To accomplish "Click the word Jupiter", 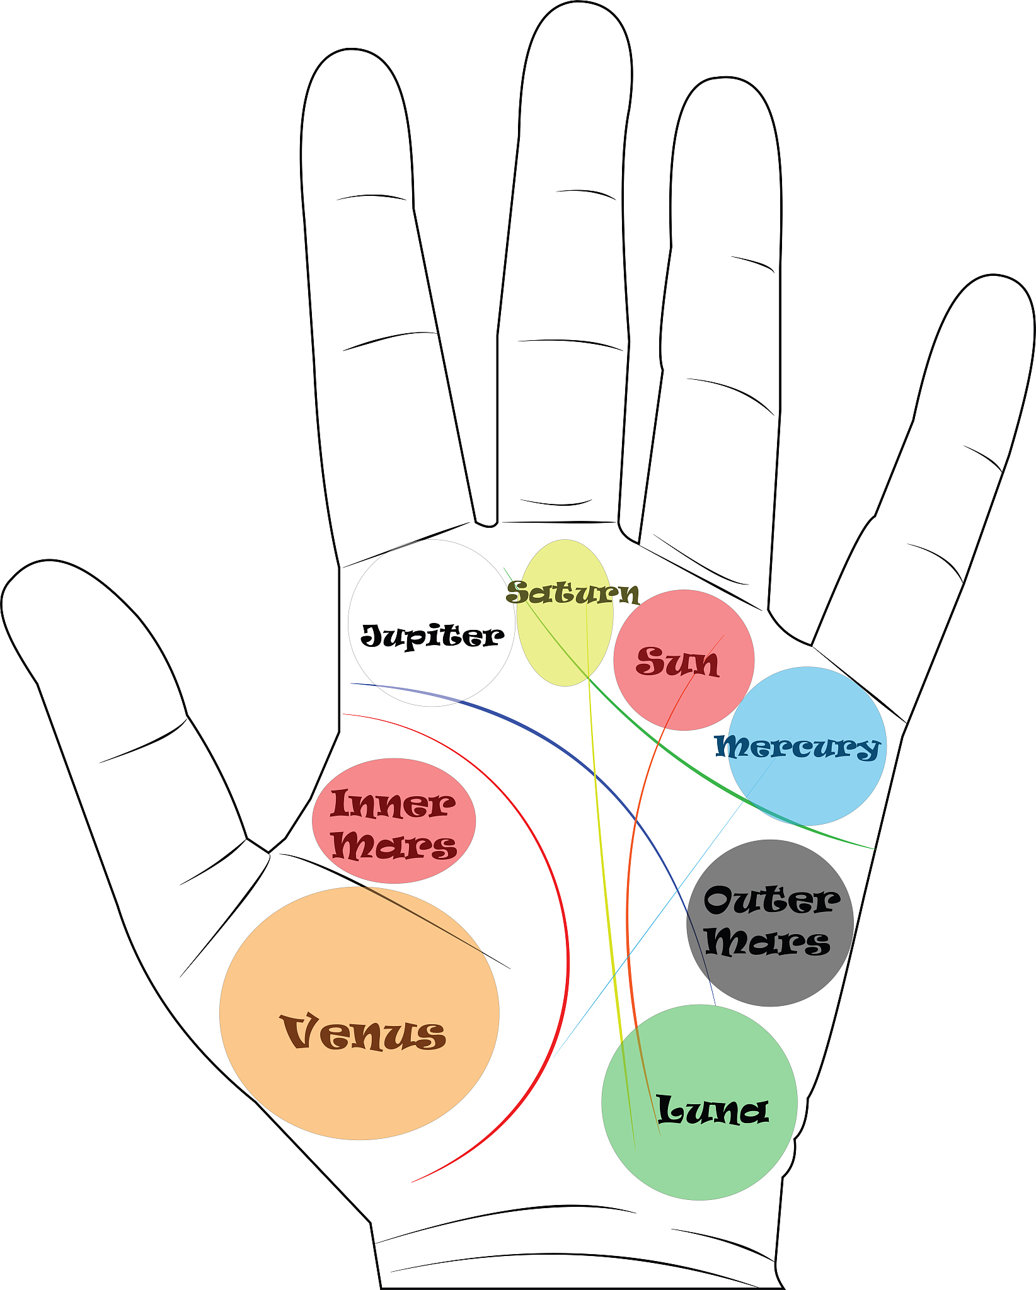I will pyautogui.click(x=432, y=636).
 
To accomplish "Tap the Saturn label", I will pyautogui.click(x=572, y=593).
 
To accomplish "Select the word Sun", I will pyautogui.click(x=677, y=662).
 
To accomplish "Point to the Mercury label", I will pyautogui.click(x=797, y=747).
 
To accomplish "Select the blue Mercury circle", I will pyautogui.click(x=819, y=787).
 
